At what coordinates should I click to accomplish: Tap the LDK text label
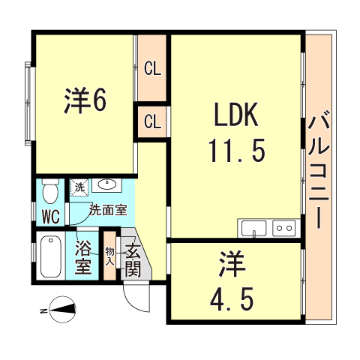point(235,116)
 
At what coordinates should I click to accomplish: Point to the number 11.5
point(235,152)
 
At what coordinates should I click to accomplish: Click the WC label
point(50,218)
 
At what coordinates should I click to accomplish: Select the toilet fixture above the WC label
point(50,191)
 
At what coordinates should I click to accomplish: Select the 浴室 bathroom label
point(84,256)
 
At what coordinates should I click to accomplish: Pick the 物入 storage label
point(109,257)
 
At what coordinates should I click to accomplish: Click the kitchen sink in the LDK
point(254,228)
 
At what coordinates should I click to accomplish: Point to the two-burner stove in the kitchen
point(283,228)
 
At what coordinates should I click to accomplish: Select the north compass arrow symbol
point(60,307)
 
